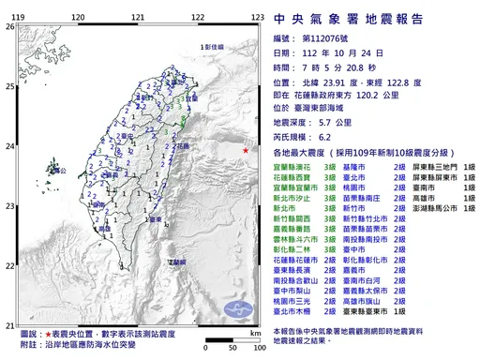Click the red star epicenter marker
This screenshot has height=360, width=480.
point(246,150)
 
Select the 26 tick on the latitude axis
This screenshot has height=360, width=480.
point(9,26)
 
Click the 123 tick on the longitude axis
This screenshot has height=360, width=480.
point(257,16)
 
